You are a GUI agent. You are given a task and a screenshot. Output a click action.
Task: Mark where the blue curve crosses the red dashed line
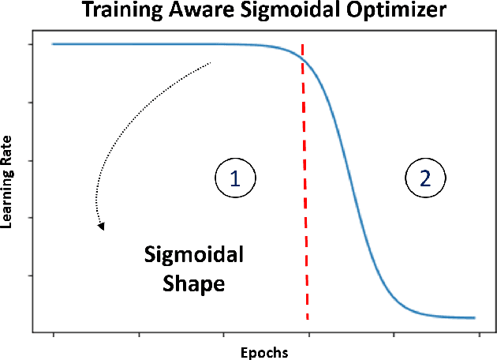(302, 57)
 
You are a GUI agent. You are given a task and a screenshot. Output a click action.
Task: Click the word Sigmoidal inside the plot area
(194, 255)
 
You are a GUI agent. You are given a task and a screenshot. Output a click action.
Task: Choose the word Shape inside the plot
(194, 283)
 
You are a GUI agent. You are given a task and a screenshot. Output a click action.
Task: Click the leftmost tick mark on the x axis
(54, 333)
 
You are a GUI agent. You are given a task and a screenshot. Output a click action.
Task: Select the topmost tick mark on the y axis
(29, 44)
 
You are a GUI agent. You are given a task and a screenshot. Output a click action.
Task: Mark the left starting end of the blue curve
(53, 44)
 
